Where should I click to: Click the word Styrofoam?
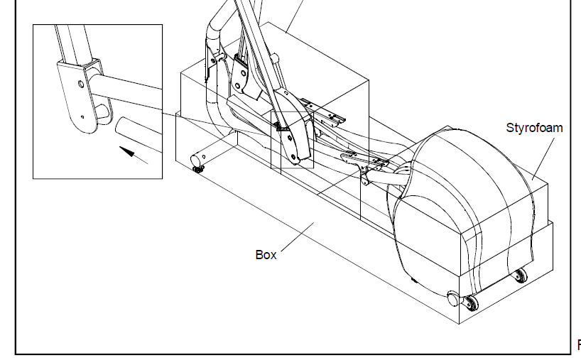tap(534, 128)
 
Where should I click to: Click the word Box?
tap(266, 255)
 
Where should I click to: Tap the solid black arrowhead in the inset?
tap(126, 151)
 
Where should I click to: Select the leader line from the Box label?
tap(298, 236)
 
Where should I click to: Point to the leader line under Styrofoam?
tap(543, 159)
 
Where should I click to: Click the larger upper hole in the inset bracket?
tap(81, 84)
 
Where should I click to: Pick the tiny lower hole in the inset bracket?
tap(82, 117)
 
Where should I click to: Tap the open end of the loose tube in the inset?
tap(120, 126)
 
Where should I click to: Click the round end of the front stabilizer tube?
tap(195, 160)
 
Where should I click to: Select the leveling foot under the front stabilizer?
tap(198, 169)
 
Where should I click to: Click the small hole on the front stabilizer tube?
tap(204, 157)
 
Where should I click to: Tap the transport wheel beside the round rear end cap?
tap(471, 302)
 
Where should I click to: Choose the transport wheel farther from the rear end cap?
tap(520, 276)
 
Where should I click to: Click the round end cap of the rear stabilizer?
tap(452, 298)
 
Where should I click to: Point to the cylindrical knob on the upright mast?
tap(274, 58)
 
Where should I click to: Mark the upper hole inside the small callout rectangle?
tap(289, 138)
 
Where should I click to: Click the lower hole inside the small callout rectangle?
tap(293, 158)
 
